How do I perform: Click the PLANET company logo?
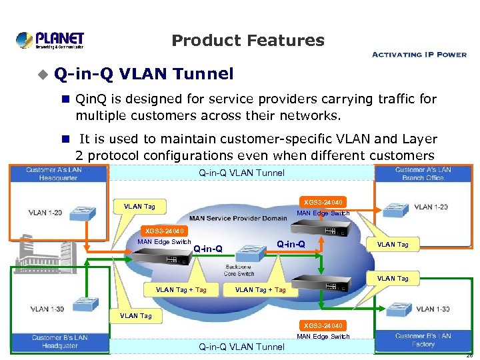50,40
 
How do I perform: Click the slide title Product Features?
248,41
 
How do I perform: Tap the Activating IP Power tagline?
419,55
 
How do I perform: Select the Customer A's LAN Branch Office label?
423,173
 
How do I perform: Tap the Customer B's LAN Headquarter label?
60,341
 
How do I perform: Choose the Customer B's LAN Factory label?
423,340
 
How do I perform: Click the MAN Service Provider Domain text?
237,218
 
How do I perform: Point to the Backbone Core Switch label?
239,270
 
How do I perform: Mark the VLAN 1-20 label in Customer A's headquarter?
45,213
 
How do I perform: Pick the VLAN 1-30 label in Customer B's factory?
433,309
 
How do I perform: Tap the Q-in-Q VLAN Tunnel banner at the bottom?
241,347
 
